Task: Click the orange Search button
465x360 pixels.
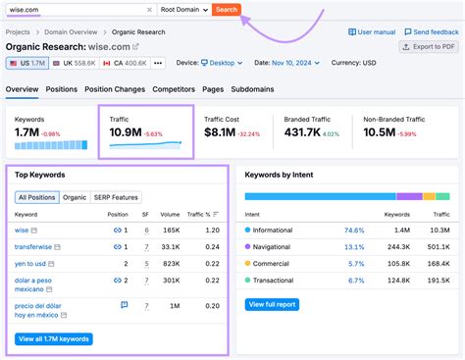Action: pyautogui.click(x=226, y=9)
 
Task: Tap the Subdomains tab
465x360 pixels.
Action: pyautogui.click(x=254, y=89)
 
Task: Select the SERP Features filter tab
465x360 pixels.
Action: pyautogui.click(x=117, y=196)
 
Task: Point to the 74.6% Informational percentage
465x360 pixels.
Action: pyautogui.click(x=354, y=230)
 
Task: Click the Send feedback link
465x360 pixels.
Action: pyautogui.click(x=433, y=31)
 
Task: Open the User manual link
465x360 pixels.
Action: pyautogui.click(x=374, y=31)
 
